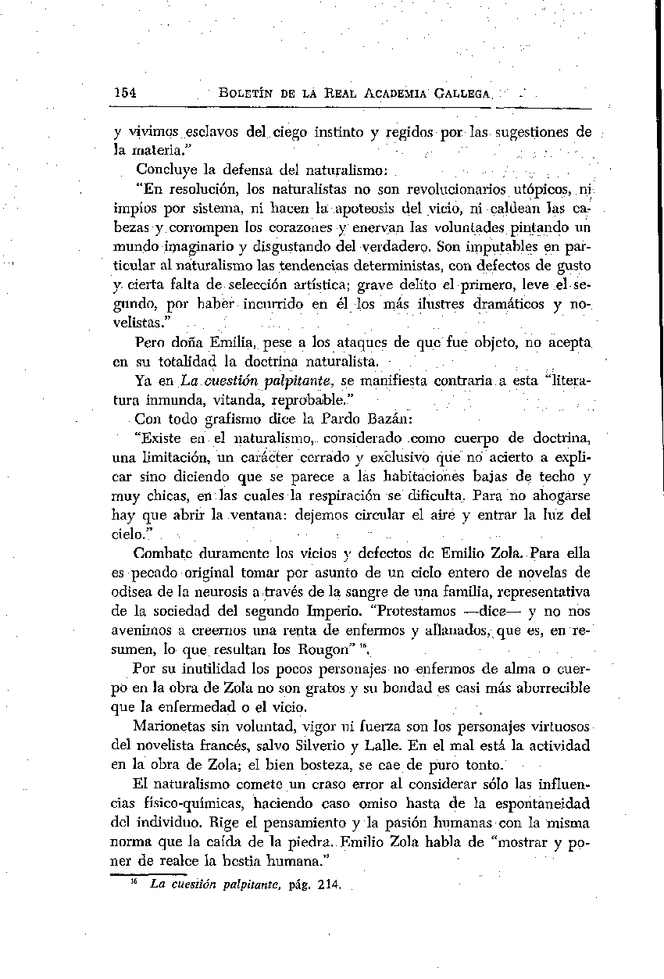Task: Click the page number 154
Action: [125, 92]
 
